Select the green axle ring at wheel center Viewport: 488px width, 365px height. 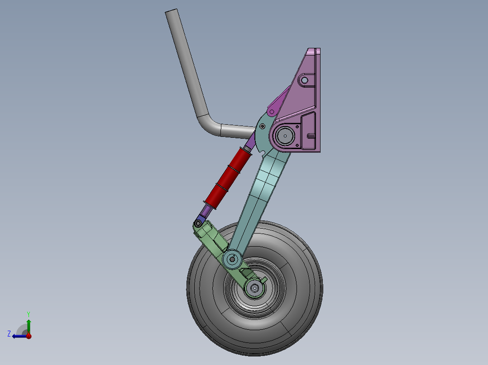(x=255, y=288)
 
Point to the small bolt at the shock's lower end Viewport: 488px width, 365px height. (x=198, y=223)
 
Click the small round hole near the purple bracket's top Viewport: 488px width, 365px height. (x=305, y=80)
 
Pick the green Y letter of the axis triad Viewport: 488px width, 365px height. (x=28, y=314)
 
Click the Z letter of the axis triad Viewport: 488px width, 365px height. (x=9, y=333)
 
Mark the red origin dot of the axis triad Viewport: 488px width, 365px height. (x=29, y=336)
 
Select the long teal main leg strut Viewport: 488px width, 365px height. (x=263, y=190)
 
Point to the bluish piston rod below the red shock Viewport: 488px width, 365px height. (x=206, y=211)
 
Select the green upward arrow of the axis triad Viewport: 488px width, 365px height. (x=29, y=325)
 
